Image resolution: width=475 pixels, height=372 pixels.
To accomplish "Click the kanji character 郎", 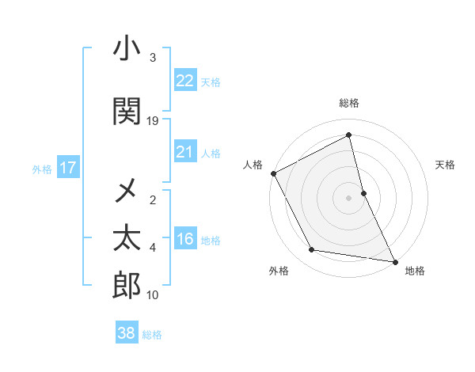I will [127, 285].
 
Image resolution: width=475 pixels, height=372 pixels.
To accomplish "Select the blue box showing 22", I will [184, 80].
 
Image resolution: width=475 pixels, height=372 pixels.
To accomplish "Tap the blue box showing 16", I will [184, 240].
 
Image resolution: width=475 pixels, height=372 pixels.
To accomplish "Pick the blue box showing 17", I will [67, 168].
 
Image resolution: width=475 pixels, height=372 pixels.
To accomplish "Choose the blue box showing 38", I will [127, 333].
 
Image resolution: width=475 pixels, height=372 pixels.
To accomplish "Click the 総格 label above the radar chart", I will [349, 103].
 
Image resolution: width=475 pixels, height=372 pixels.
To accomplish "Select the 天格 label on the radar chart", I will [445, 165].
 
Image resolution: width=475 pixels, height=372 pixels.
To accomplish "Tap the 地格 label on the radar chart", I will [415, 271].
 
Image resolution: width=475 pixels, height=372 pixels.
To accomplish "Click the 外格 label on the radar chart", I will [279, 271].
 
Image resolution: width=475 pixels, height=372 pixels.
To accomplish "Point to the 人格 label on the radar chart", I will [253, 165].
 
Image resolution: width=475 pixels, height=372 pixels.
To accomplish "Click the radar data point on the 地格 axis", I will [394, 261].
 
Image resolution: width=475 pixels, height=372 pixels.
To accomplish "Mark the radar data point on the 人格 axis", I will [273, 173].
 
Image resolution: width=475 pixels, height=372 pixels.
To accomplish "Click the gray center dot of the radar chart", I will [348, 198].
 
